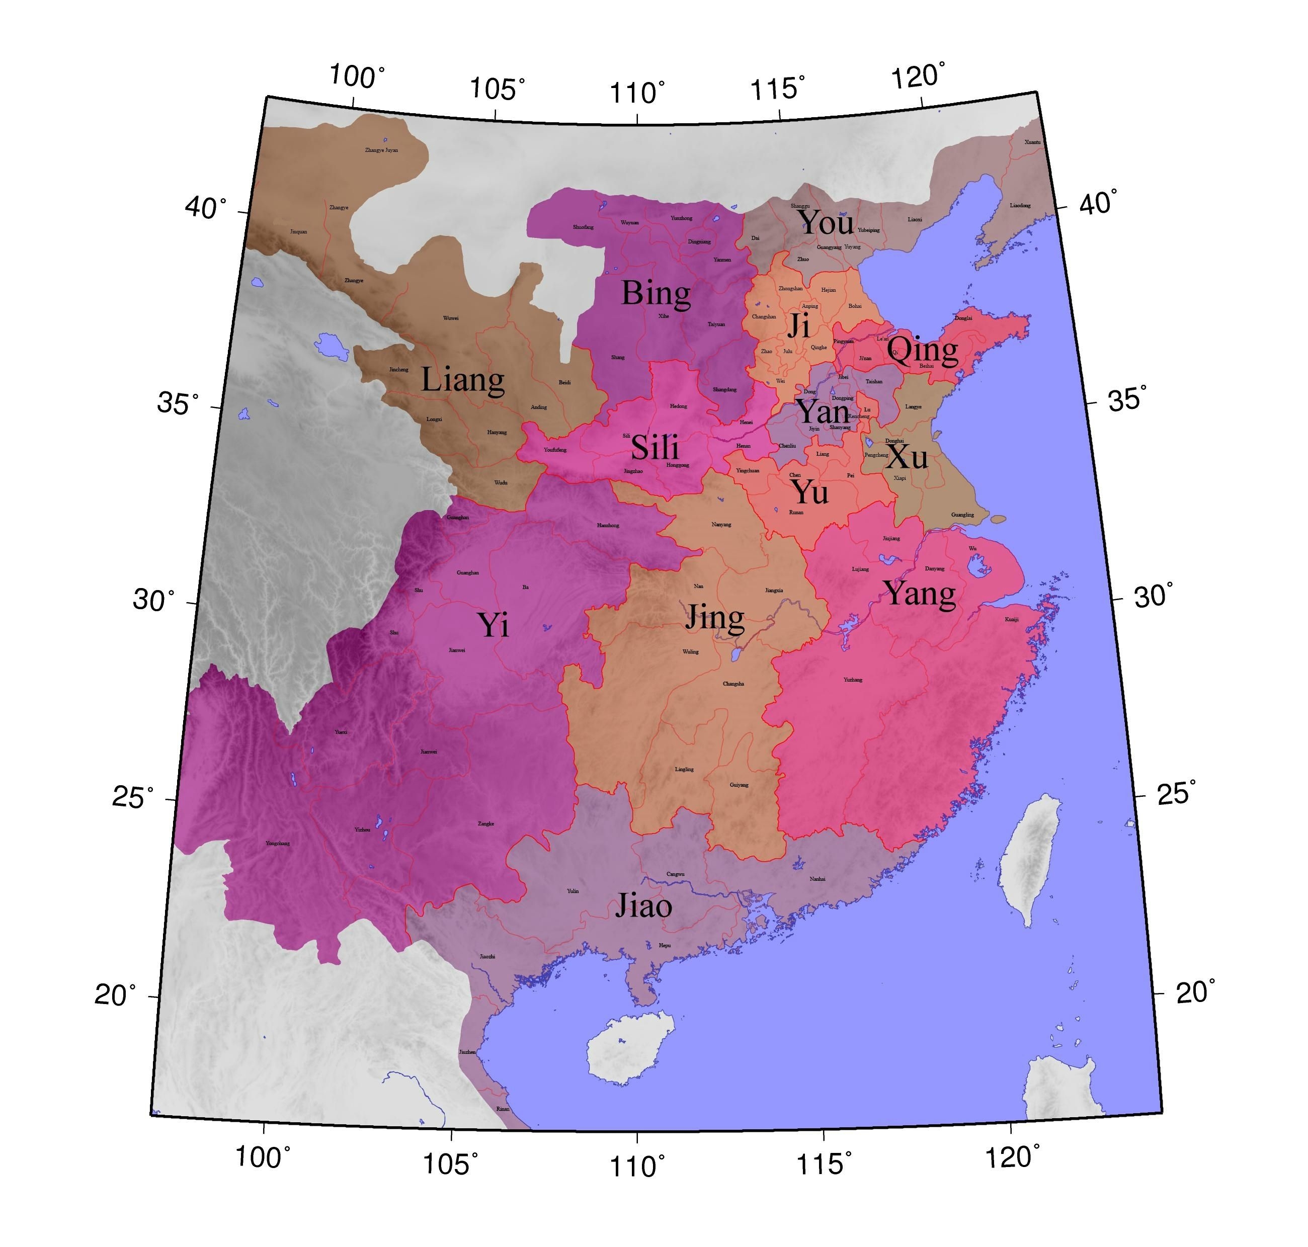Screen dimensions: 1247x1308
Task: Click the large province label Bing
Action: click(x=656, y=293)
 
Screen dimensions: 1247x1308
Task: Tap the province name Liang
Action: click(x=463, y=380)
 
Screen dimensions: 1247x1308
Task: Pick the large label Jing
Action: click(x=714, y=618)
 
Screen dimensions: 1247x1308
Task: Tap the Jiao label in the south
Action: click(x=643, y=906)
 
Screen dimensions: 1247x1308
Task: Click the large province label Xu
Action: click(x=907, y=456)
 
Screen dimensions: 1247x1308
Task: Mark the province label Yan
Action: click(x=823, y=412)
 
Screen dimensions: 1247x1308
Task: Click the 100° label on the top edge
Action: click(x=357, y=76)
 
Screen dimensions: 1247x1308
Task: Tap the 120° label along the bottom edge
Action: click(x=1010, y=1157)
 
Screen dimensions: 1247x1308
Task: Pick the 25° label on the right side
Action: click(x=1176, y=793)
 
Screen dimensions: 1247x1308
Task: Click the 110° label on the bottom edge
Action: click(x=637, y=1167)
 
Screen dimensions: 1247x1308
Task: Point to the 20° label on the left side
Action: click(x=115, y=995)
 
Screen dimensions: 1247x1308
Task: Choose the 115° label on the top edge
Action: click(x=778, y=89)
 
